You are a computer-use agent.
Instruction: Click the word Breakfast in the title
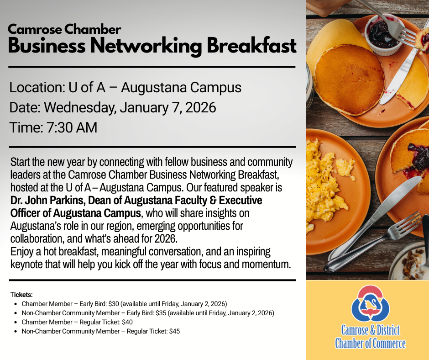pos(251,46)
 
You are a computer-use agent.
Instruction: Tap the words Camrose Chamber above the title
pos(64,29)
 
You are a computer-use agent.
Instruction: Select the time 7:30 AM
pos(72,127)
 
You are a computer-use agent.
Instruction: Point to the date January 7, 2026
pos(167,107)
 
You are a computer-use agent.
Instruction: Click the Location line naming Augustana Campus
pos(126,87)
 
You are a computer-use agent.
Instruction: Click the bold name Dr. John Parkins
pos(47,200)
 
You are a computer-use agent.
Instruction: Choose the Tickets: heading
pos(21,295)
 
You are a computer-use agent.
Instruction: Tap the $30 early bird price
pos(114,304)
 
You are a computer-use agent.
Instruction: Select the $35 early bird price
pos(161,313)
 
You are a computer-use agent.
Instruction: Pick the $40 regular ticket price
pos(127,322)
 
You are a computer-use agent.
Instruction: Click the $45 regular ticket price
pos(174,331)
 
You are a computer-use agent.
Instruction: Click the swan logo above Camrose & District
pos(370,303)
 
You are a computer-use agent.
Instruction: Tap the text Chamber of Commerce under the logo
pos(370,343)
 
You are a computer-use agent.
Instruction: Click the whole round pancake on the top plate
pos(350,79)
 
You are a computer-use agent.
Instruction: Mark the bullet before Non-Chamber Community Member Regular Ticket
pos(16,332)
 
